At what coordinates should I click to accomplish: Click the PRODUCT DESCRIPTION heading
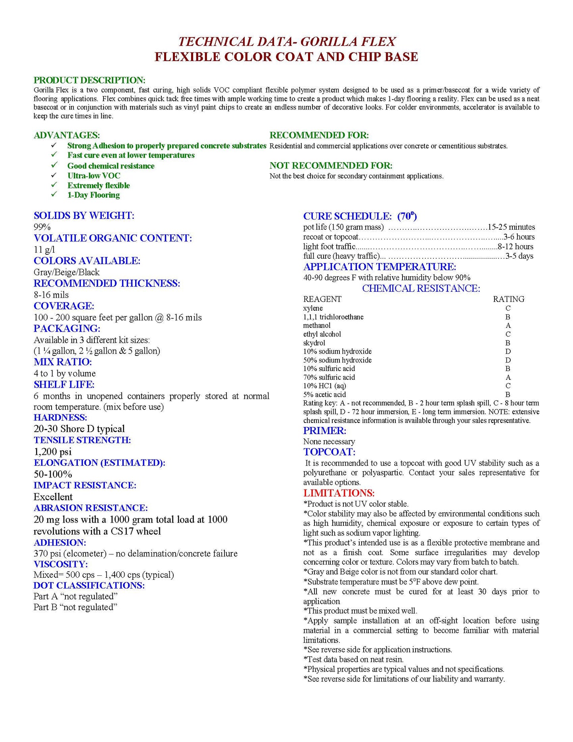[x=89, y=80]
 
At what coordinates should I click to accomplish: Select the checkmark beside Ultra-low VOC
[x=54, y=175]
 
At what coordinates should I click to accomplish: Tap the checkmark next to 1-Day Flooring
[x=54, y=194]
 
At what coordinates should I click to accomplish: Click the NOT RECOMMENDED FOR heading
[x=331, y=165]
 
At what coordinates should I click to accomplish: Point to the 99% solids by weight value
[x=42, y=227]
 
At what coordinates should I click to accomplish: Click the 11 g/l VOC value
[x=44, y=250]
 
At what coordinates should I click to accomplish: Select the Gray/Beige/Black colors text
[x=66, y=272]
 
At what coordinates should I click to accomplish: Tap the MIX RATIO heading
[x=63, y=362]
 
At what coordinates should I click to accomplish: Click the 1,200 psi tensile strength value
[x=52, y=452]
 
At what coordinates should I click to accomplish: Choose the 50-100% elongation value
[x=53, y=474]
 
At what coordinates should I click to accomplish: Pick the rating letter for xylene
[x=508, y=308]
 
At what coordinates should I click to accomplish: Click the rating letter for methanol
[x=508, y=325]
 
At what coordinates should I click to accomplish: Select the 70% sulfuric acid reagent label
[x=329, y=377]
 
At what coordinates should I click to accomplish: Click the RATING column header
[x=508, y=299]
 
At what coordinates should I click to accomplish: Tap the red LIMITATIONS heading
[x=339, y=493]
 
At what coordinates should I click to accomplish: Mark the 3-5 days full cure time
[x=519, y=256]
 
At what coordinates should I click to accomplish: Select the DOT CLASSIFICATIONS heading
[x=89, y=586]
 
